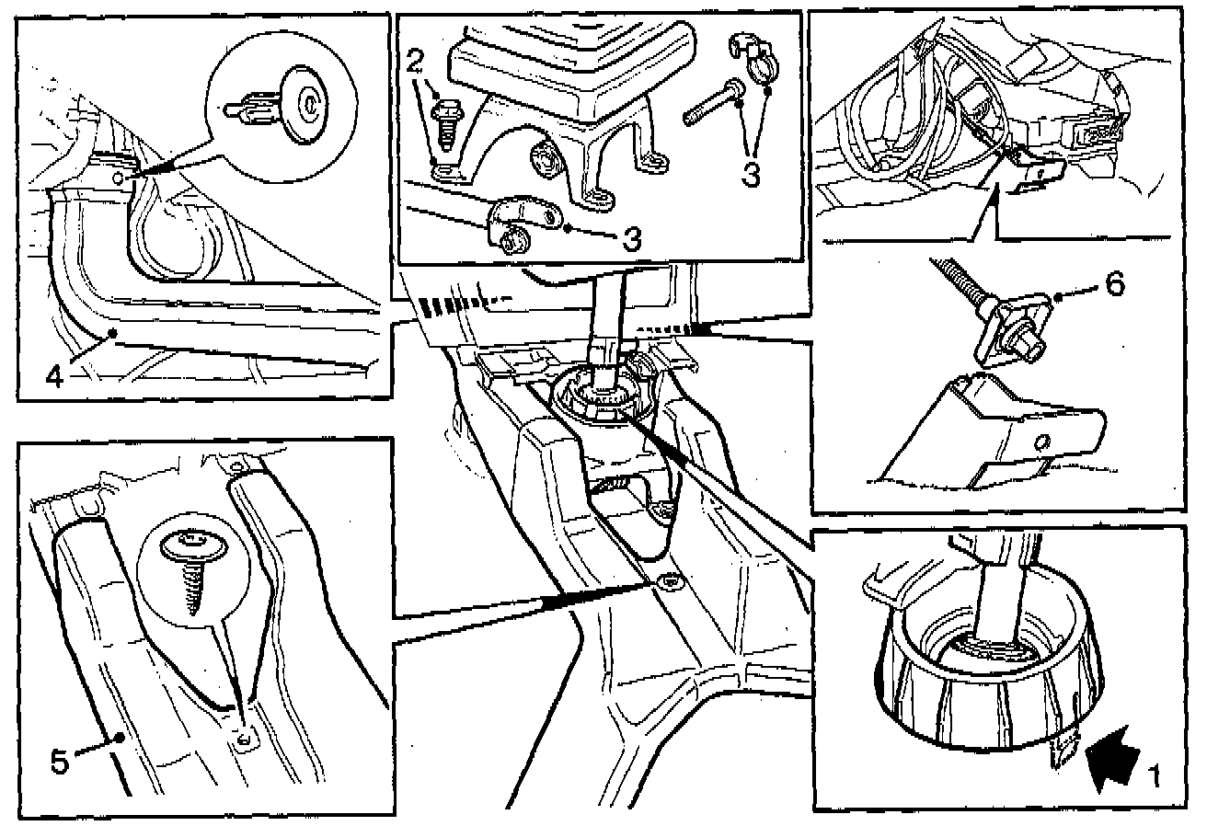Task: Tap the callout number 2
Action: pos(415,63)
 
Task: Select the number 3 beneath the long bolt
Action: pos(752,173)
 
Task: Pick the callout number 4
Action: pos(56,376)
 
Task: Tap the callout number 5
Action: pos(58,762)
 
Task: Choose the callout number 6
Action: pos(1114,285)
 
